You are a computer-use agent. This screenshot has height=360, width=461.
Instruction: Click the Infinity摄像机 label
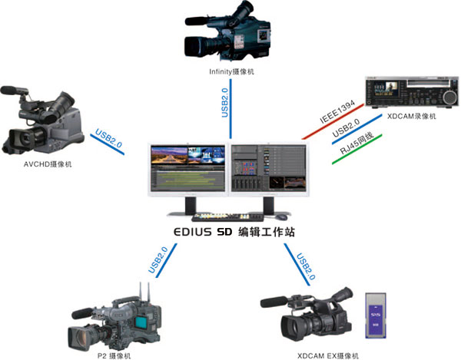(x=231, y=71)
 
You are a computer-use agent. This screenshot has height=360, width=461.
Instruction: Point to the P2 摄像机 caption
(x=114, y=355)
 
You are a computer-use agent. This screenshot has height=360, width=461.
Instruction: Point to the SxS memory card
(x=374, y=314)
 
